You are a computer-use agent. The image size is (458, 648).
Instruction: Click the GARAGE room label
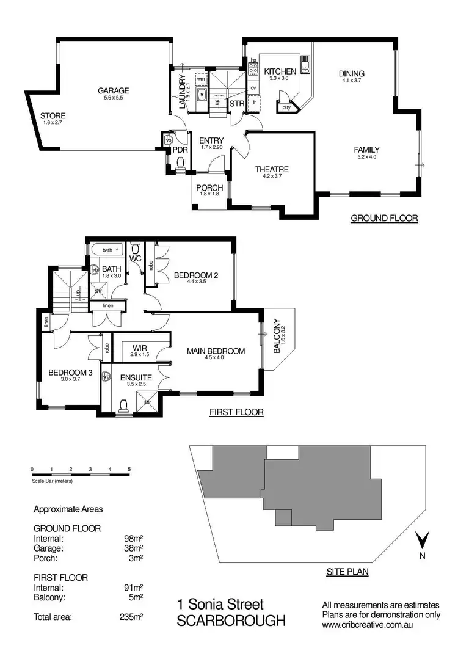114,91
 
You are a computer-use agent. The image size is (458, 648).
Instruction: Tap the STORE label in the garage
53,116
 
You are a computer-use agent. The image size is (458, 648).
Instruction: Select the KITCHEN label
280,72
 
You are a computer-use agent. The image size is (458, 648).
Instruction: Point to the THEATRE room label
272,169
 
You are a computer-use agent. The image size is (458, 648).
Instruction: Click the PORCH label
209,187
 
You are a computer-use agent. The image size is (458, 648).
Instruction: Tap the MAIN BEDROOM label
216,351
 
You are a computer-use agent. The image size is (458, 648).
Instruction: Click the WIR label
140,348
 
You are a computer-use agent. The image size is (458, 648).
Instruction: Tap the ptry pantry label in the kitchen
286,107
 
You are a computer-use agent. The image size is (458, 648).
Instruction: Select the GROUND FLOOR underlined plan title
383,218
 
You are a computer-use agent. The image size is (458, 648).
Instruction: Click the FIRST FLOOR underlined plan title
236,412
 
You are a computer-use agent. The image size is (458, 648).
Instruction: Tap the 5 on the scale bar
129,469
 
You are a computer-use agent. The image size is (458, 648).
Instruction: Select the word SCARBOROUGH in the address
231,621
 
